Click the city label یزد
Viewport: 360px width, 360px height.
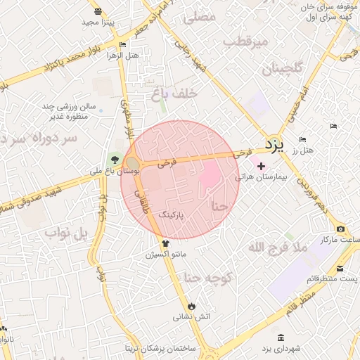274,145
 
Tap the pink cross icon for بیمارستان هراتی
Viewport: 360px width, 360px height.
262,166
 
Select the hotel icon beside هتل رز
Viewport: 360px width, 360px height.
302,139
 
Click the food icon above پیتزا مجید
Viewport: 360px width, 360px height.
97,11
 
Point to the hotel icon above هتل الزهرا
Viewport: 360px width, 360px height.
123,44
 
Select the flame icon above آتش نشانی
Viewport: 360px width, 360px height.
192,306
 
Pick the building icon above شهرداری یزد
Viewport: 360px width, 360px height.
281,337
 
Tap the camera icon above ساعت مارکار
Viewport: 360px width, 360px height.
340,229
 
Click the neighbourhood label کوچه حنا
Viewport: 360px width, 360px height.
208,278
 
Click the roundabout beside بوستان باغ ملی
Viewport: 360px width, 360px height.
132,162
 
